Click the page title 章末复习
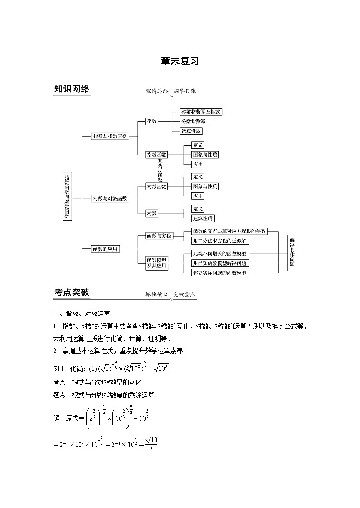[x=180, y=62]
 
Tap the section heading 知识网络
[x=72, y=90]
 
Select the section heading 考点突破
[x=72, y=293]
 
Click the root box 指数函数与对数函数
[x=67, y=196]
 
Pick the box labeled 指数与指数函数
[x=110, y=136]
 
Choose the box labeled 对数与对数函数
[x=110, y=198]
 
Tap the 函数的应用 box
[x=105, y=248]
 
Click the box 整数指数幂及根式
[x=201, y=112]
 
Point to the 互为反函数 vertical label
[x=160, y=170]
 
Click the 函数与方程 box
[x=159, y=236]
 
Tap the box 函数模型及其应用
[x=157, y=263]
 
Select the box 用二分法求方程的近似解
[x=219, y=241]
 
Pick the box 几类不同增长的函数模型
[x=219, y=254]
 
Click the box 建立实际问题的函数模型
[x=219, y=272]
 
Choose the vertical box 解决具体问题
[x=292, y=252]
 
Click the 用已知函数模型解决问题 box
[x=219, y=263]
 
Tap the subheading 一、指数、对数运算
[x=81, y=313]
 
